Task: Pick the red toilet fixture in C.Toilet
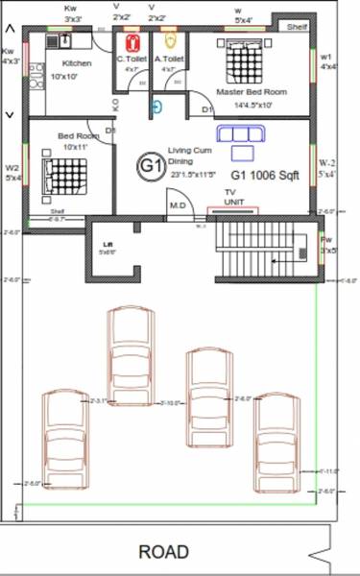[134, 43]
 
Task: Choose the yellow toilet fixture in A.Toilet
[171, 42]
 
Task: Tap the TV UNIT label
[229, 198]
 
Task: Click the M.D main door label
[177, 204]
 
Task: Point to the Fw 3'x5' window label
[326, 246]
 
